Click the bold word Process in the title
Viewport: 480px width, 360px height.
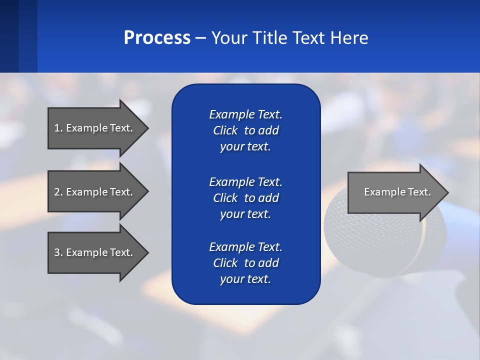157,38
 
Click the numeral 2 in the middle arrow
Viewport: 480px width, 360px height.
57,192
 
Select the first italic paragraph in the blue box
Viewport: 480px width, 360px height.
245,130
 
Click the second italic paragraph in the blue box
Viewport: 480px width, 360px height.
245,198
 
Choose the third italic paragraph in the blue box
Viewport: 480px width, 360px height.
245,263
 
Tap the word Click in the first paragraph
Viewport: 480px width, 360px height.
225,131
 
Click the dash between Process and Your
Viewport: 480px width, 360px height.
200,38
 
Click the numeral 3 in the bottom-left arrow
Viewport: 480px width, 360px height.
57,252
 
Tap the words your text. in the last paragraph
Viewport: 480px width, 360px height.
245,279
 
